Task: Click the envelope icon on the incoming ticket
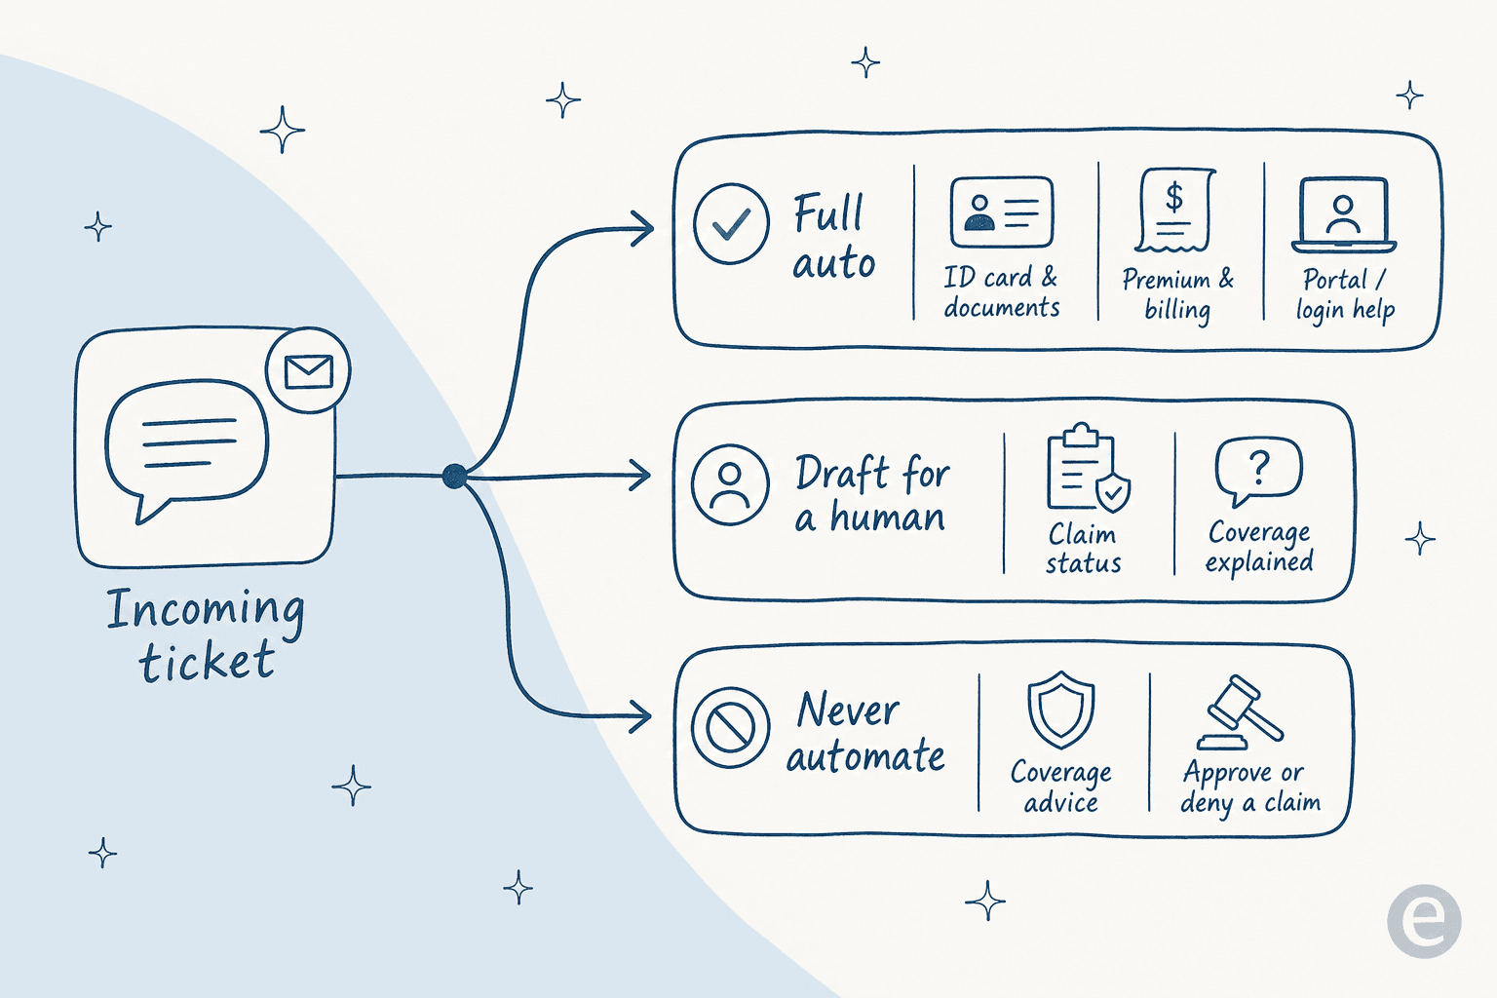coord(308,371)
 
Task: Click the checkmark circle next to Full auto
coord(731,223)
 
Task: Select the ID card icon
coord(1002,212)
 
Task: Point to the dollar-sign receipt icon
coord(1174,211)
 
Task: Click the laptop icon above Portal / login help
coord(1343,214)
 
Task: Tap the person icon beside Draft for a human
coord(730,484)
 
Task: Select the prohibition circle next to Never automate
coord(730,727)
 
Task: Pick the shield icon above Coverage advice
coord(1060,710)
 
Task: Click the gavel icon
coord(1239,712)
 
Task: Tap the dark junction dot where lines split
coord(454,476)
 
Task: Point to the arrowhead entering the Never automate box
coord(640,717)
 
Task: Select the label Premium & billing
coord(1177,294)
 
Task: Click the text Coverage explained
coord(1259,548)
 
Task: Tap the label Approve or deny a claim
coord(1249,788)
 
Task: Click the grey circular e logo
coord(1424,921)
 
